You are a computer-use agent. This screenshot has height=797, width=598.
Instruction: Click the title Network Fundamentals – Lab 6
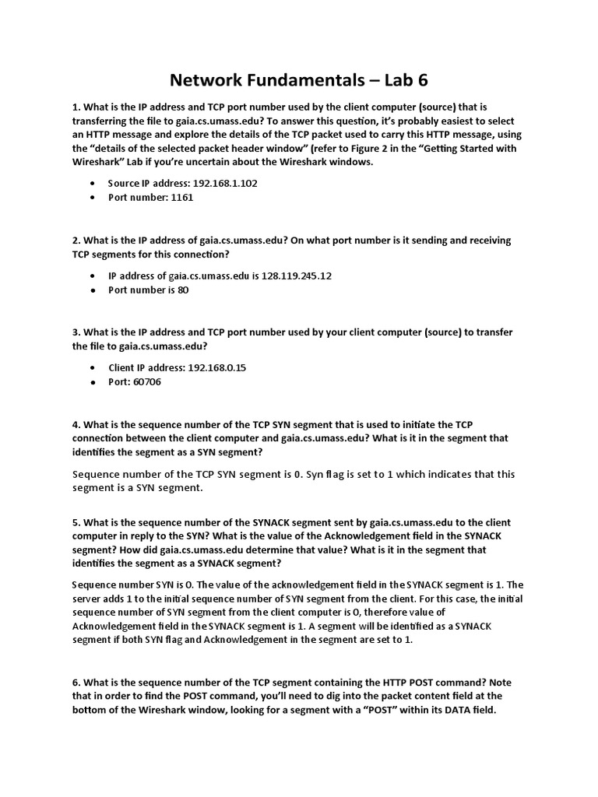tap(299, 80)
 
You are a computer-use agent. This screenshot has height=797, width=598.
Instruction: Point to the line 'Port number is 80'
tap(149, 290)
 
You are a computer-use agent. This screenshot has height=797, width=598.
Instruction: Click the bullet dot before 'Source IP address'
tap(93, 183)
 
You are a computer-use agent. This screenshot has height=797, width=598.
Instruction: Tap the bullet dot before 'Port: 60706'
tap(93, 383)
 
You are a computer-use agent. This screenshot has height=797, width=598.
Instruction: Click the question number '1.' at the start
tap(76, 106)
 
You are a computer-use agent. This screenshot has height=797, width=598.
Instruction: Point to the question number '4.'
tap(76, 424)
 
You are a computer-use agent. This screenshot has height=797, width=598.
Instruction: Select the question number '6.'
tap(76, 683)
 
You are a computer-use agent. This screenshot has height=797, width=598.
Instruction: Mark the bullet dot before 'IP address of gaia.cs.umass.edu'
tap(93, 276)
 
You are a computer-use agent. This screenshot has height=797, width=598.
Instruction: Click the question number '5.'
tap(76, 521)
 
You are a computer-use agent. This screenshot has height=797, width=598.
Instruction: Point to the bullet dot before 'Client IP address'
tap(93, 367)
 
